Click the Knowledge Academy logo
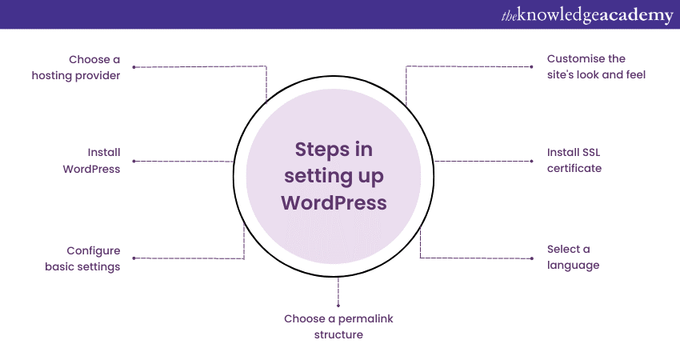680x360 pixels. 587,15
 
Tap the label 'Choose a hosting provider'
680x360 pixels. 76,67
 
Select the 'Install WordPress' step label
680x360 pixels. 91,161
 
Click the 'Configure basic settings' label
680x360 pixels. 82,258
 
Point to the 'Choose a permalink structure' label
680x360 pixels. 338,326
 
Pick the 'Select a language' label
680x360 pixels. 573,258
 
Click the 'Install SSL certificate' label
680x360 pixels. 574,160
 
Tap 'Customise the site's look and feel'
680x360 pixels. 596,66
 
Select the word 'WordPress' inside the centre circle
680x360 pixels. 334,203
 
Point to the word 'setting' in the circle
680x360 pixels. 312,177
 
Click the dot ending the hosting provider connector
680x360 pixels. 134,67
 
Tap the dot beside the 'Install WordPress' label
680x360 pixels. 134,162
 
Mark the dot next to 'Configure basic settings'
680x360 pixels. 134,258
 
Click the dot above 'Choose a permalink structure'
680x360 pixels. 338,306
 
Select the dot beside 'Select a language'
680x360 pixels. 532,258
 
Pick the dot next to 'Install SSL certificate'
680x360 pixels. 532,162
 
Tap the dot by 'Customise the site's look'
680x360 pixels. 532,66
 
